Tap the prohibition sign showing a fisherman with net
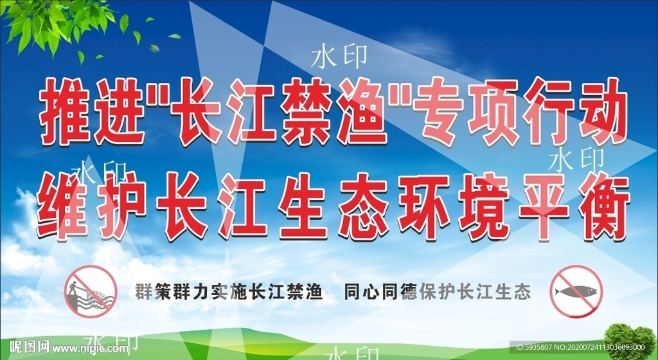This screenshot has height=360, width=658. pos(90,291)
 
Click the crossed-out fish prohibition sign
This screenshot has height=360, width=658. pos(576,291)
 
